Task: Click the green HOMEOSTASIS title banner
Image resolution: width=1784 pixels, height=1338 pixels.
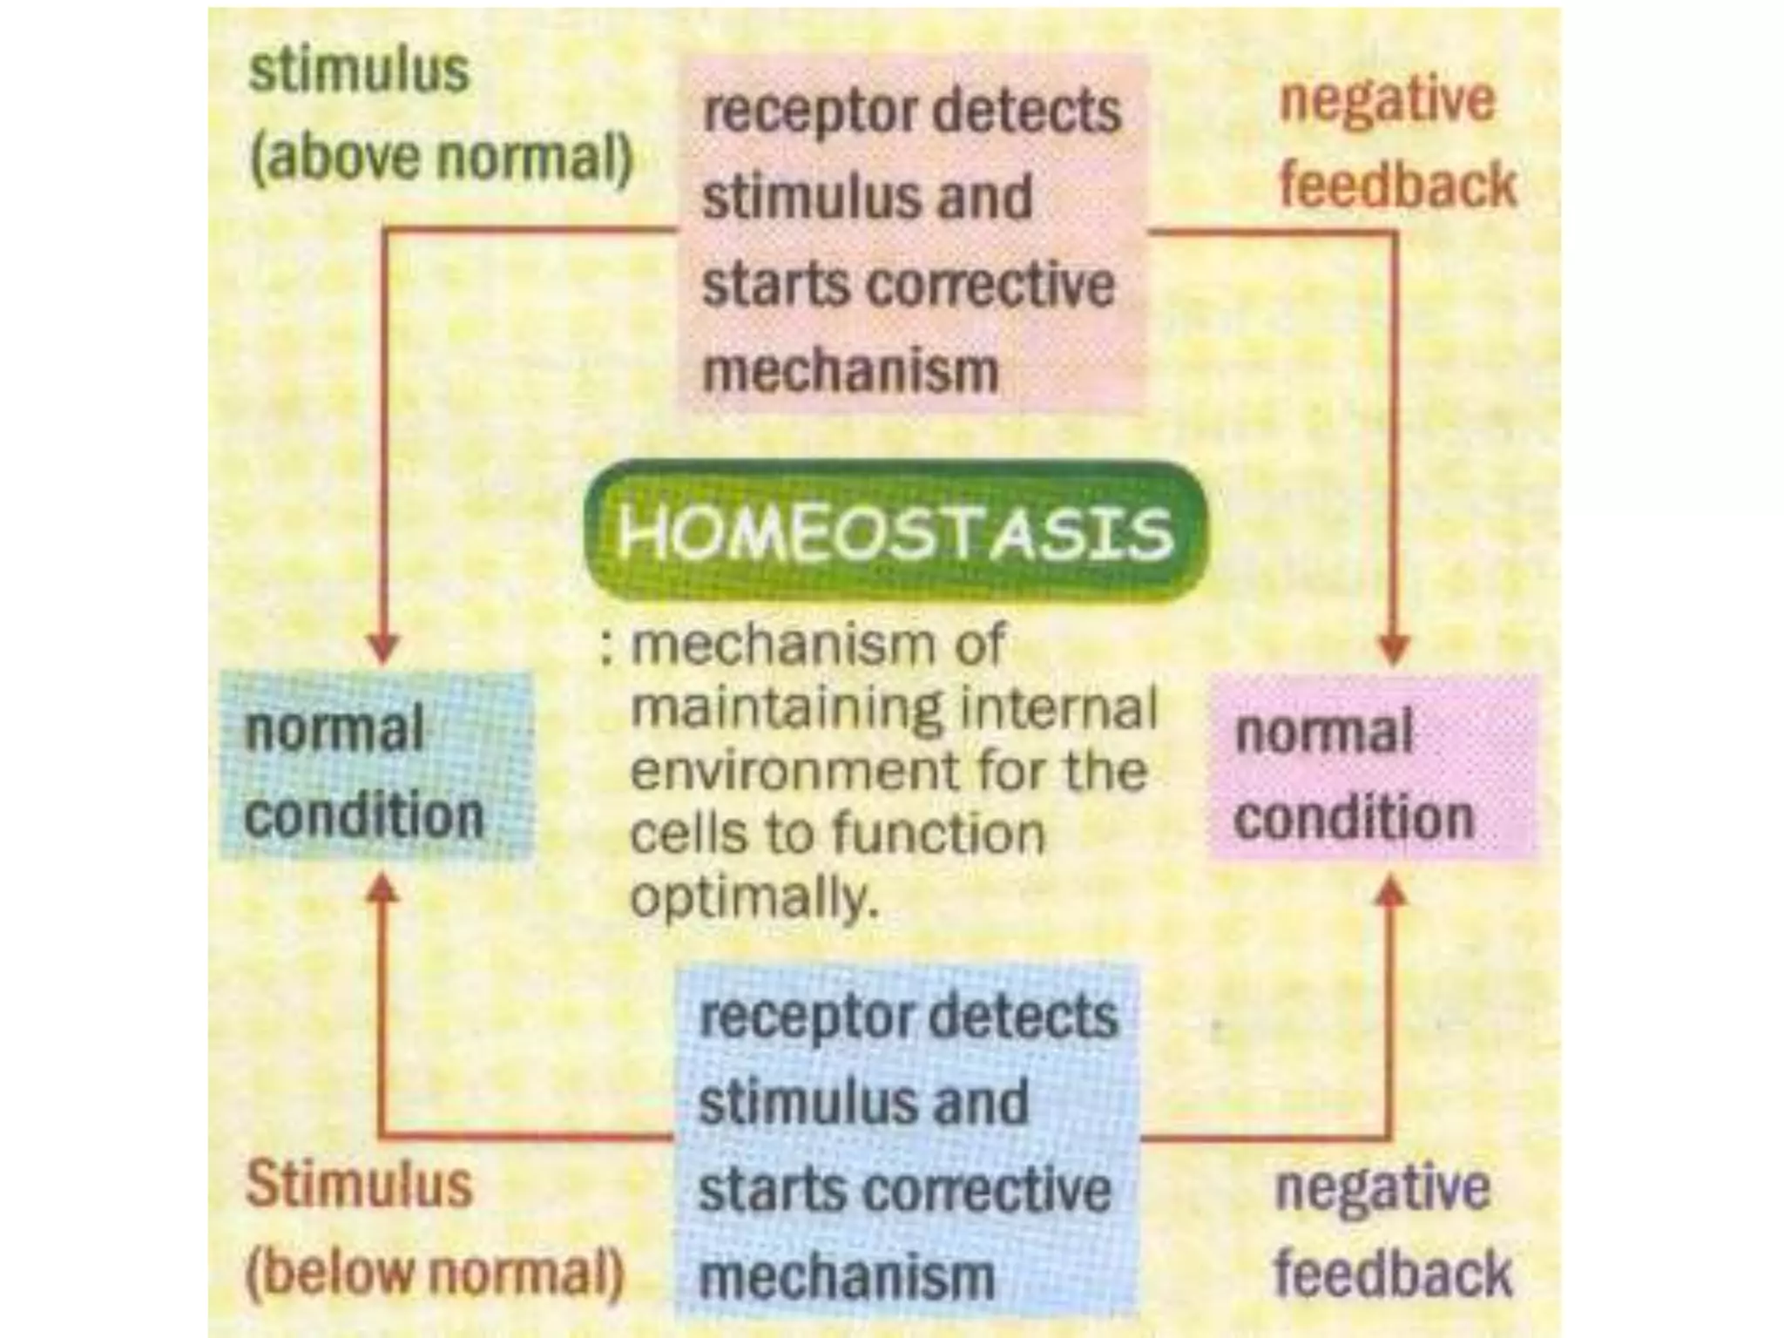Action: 895,530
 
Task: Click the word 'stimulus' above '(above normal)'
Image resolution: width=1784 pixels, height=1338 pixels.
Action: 359,71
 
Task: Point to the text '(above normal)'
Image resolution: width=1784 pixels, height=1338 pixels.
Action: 441,158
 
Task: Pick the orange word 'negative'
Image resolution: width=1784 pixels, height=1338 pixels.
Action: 1387,101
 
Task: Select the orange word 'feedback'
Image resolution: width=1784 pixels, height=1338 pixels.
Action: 1397,186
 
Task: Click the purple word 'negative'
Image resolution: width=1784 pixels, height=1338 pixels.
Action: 1382,1188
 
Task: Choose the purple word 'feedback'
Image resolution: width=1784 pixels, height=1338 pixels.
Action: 1393,1274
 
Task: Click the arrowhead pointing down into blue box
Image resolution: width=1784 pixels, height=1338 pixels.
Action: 383,649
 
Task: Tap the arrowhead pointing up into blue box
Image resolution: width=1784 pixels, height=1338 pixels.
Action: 383,889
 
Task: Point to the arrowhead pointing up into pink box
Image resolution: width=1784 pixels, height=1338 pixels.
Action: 1393,890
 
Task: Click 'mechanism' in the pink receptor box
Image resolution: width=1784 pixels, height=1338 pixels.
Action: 850,371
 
